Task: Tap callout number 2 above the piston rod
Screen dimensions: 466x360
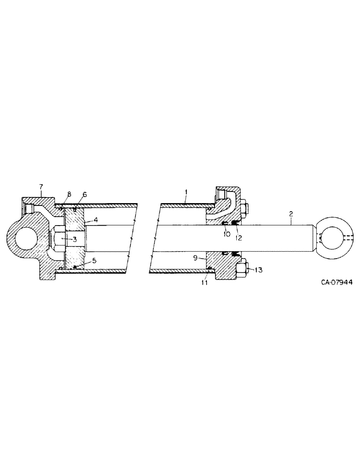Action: click(x=291, y=213)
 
